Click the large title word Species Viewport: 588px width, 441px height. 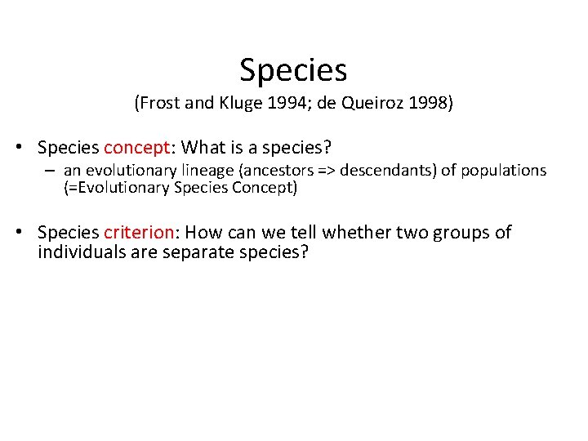point(293,71)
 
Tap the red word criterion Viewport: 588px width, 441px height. point(139,233)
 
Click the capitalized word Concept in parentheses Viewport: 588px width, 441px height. point(269,188)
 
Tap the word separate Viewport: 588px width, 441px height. point(193,252)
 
